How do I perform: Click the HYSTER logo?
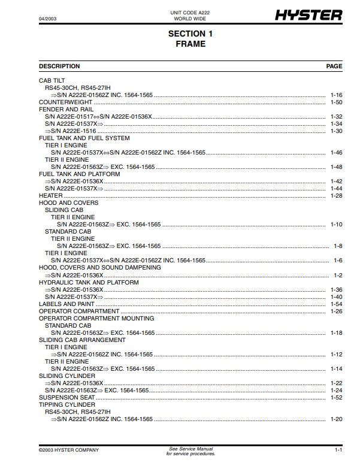(x=308, y=16)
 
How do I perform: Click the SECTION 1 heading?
(x=190, y=34)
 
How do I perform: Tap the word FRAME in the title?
(x=190, y=44)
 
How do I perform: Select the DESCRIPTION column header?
(x=59, y=66)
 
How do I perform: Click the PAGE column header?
(x=334, y=66)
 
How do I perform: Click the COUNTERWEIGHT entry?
(x=61, y=102)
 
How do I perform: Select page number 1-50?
(x=336, y=102)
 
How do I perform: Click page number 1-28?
(x=336, y=196)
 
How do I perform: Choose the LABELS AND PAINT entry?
(x=66, y=304)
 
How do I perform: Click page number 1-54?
(x=336, y=304)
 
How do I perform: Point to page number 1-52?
(x=336, y=398)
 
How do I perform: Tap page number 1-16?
(x=336, y=95)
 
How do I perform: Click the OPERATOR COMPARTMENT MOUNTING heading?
(x=96, y=319)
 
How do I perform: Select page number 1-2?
(x=338, y=276)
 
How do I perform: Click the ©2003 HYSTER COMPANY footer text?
(x=69, y=450)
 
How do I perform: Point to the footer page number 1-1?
(x=338, y=450)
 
